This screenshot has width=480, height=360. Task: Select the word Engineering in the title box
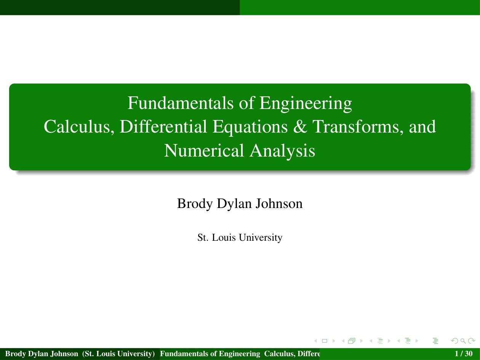[306, 104]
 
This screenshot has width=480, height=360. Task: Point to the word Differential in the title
[163, 126]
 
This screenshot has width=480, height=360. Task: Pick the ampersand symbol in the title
[300, 126]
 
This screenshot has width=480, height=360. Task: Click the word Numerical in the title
[204, 150]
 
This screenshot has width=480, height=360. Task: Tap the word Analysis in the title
[282, 152]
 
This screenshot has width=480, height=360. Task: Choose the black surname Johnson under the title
[279, 203]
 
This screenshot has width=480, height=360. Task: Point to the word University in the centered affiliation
[261, 238]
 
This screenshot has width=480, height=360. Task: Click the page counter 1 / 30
[464, 354]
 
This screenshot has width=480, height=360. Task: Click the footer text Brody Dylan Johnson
[42, 354]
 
